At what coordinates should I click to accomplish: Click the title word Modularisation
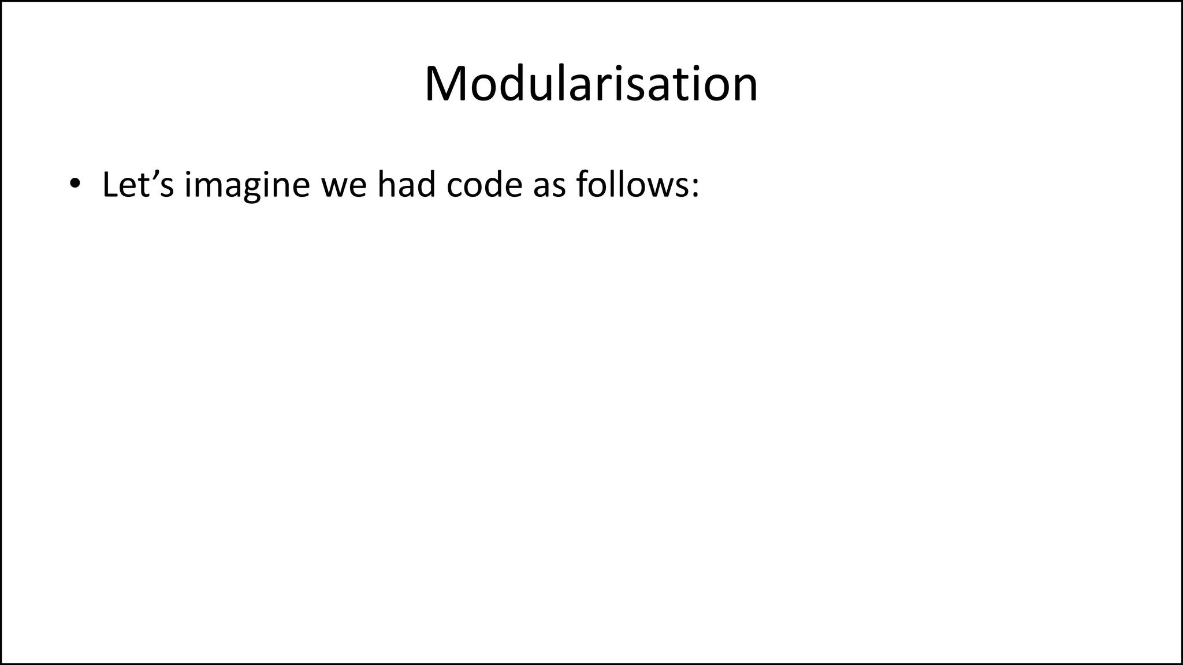[x=591, y=84]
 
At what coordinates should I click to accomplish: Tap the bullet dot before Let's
[x=74, y=184]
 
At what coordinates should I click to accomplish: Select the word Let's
[x=137, y=185]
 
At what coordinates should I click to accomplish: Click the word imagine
[x=247, y=186]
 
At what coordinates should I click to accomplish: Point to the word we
[x=344, y=186]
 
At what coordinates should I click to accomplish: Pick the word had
[x=406, y=185]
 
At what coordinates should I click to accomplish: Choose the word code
[x=484, y=186]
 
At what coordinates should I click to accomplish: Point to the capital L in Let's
[x=110, y=185]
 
